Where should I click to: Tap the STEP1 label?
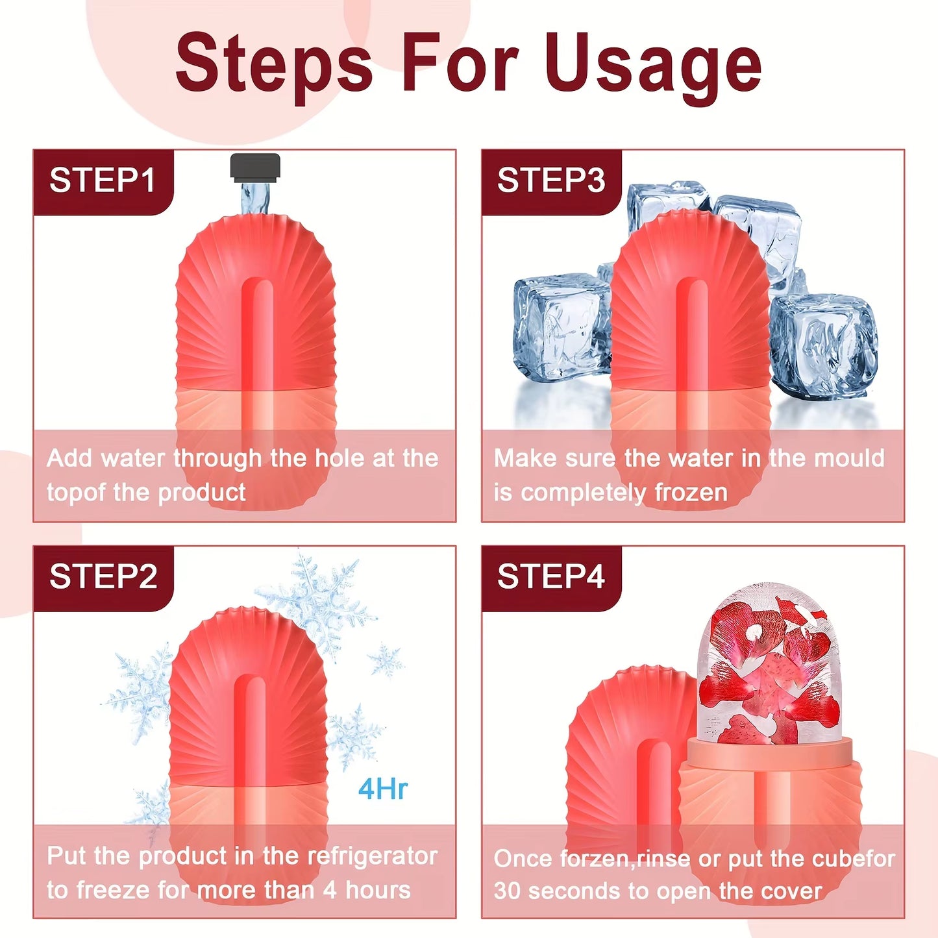102,180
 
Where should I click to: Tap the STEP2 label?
103,576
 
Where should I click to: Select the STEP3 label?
551,180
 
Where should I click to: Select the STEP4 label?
551,576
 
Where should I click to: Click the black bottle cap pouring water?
255,166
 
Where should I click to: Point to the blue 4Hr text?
382,789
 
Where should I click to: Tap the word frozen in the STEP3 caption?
691,492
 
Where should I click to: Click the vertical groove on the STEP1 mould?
258,338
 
